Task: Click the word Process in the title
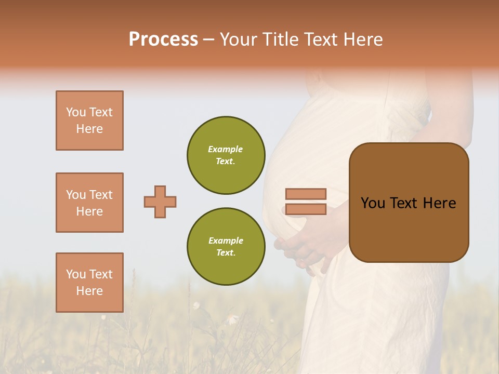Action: pos(163,39)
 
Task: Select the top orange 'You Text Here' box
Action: pos(89,121)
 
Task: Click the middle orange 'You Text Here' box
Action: pos(89,203)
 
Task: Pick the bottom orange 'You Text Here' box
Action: pos(89,283)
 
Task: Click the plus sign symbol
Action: pos(160,202)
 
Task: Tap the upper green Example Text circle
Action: pos(226,155)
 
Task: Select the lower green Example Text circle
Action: pos(226,247)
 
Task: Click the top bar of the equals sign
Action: pos(306,194)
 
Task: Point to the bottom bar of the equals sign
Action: pos(306,209)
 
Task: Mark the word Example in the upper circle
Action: pos(226,149)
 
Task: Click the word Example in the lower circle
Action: pos(226,241)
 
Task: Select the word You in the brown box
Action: pos(373,203)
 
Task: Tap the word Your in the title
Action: pos(240,39)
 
